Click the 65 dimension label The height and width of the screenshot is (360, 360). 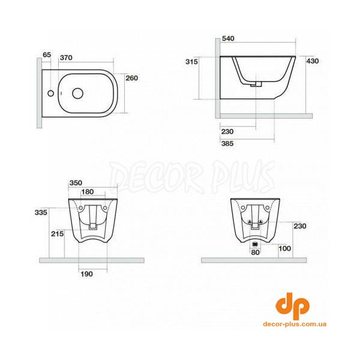tap(47, 55)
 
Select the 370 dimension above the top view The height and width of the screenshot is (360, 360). tap(66, 58)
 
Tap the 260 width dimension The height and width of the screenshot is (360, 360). tap(132, 78)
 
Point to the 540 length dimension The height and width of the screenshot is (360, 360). tap(228, 38)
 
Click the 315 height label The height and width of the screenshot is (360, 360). tap(192, 62)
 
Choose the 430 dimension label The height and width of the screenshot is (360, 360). tap(313, 61)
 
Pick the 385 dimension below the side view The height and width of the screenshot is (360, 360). tap(227, 143)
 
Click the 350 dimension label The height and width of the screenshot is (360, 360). tap(76, 183)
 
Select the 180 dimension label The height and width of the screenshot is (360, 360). tap(88, 192)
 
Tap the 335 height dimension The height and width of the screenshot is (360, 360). tap(41, 212)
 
